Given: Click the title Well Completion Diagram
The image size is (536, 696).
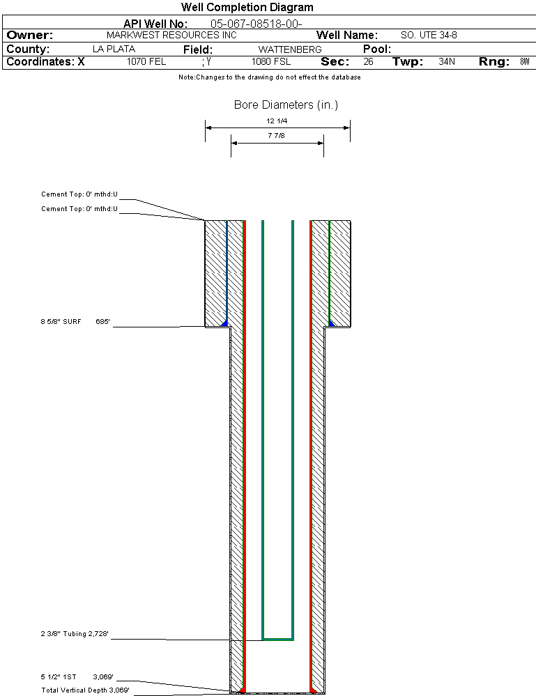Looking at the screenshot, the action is click(247, 8).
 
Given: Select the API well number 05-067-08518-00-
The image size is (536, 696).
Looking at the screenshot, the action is click(256, 24).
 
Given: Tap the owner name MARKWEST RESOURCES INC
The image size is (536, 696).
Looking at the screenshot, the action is click(171, 35).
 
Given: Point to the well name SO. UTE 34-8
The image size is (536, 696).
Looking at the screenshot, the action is click(429, 35).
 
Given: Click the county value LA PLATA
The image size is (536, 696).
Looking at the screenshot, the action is click(114, 49).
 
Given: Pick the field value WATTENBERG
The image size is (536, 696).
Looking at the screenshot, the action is click(290, 49).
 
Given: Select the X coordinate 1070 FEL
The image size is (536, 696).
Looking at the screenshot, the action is click(146, 62).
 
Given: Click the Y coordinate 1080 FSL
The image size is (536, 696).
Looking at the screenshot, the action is click(271, 62).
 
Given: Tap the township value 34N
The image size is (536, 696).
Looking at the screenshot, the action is click(447, 62).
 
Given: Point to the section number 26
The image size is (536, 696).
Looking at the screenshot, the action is click(368, 62).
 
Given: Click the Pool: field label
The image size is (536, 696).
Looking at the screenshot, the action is click(377, 49).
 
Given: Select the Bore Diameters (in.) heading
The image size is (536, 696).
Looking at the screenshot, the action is click(286, 105).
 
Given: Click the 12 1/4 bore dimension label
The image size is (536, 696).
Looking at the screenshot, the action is click(277, 121).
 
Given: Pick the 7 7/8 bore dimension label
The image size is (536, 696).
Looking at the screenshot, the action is click(276, 135).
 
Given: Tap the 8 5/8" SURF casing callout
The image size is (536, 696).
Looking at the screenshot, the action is click(61, 321).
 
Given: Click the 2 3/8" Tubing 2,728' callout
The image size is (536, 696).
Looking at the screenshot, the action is click(75, 633).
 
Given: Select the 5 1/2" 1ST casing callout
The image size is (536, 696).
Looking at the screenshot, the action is click(58, 677).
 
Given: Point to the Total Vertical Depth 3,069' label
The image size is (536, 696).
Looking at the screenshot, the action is click(85, 690).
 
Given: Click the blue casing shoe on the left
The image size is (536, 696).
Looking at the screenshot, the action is click(224, 323).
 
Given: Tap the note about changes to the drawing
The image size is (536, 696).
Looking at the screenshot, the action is click(270, 77).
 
